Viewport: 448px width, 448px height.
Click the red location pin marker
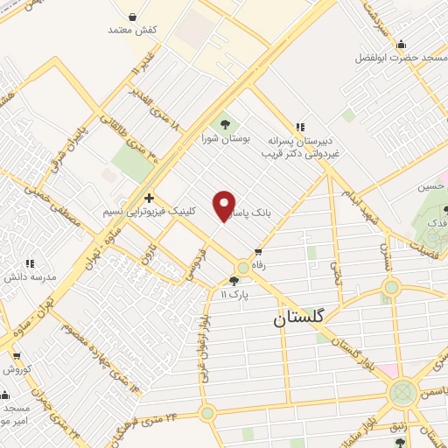point(225,206)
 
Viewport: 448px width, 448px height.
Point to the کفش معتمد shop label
point(132,31)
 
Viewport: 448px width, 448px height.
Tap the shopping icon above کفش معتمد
point(132,16)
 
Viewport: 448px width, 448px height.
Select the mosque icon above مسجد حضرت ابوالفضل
point(401,44)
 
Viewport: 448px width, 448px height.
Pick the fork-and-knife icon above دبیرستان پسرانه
point(300,128)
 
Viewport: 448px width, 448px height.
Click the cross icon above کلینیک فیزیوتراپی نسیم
point(150,198)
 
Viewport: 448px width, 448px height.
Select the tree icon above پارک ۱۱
point(233,280)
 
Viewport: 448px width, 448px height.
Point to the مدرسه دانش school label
point(31,276)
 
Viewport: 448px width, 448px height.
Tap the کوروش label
point(17,368)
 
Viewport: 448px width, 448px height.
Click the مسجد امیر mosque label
point(16,415)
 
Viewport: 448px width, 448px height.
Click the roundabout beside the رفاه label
point(242,268)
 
